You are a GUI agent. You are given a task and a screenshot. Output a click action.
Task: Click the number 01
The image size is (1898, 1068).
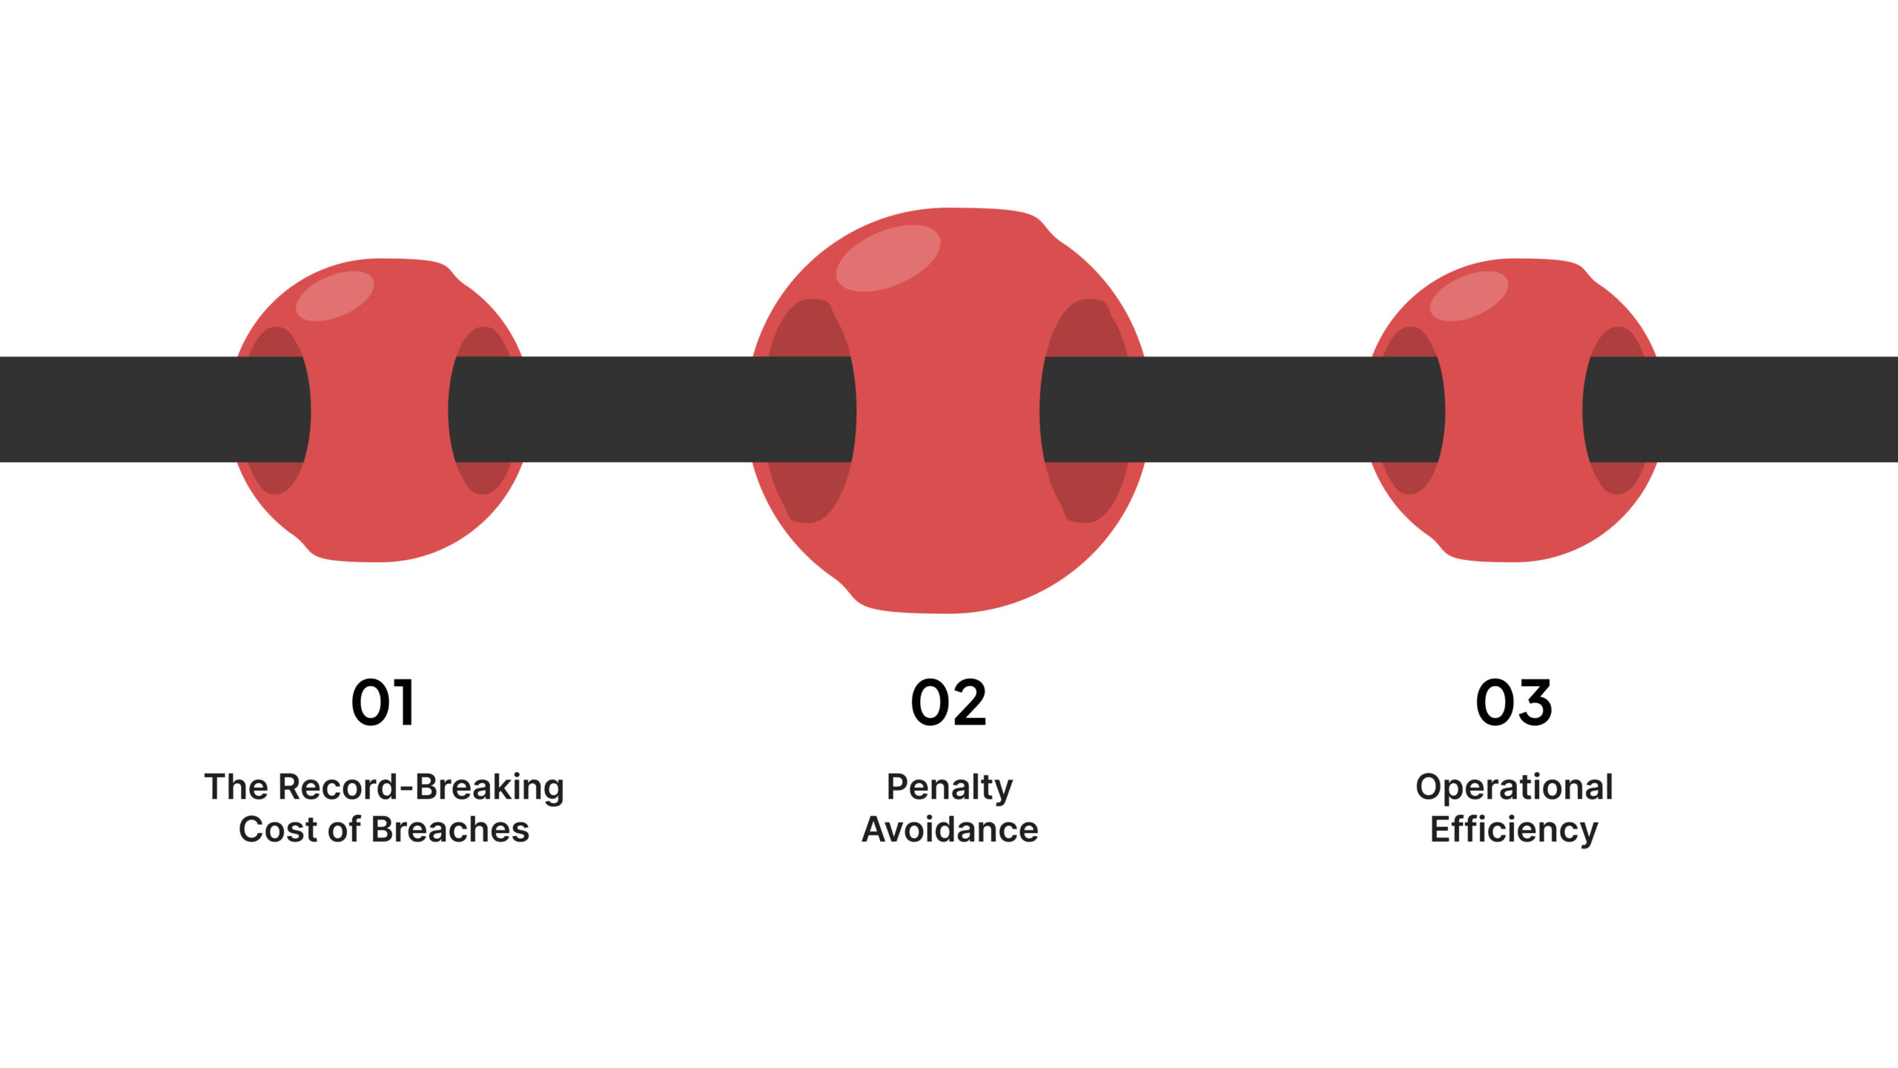click(383, 702)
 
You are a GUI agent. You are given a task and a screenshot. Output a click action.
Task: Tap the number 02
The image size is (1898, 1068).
click(948, 702)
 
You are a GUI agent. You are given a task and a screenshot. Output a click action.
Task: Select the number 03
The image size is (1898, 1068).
click(1513, 702)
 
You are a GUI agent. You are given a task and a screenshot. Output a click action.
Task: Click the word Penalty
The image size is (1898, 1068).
click(949, 788)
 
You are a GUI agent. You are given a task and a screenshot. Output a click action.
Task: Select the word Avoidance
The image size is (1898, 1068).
click(950, 830)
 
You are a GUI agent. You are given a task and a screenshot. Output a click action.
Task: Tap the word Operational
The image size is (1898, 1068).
click(1514, 788)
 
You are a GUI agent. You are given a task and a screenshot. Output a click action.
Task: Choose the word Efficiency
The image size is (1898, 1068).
click(1514, 830)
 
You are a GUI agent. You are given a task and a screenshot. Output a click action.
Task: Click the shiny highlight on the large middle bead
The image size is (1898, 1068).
click(888, 257)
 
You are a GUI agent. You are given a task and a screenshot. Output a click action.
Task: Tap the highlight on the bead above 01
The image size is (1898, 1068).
click(334, 295)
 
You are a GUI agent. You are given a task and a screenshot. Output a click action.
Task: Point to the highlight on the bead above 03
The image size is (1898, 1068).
click(1469, 295)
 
